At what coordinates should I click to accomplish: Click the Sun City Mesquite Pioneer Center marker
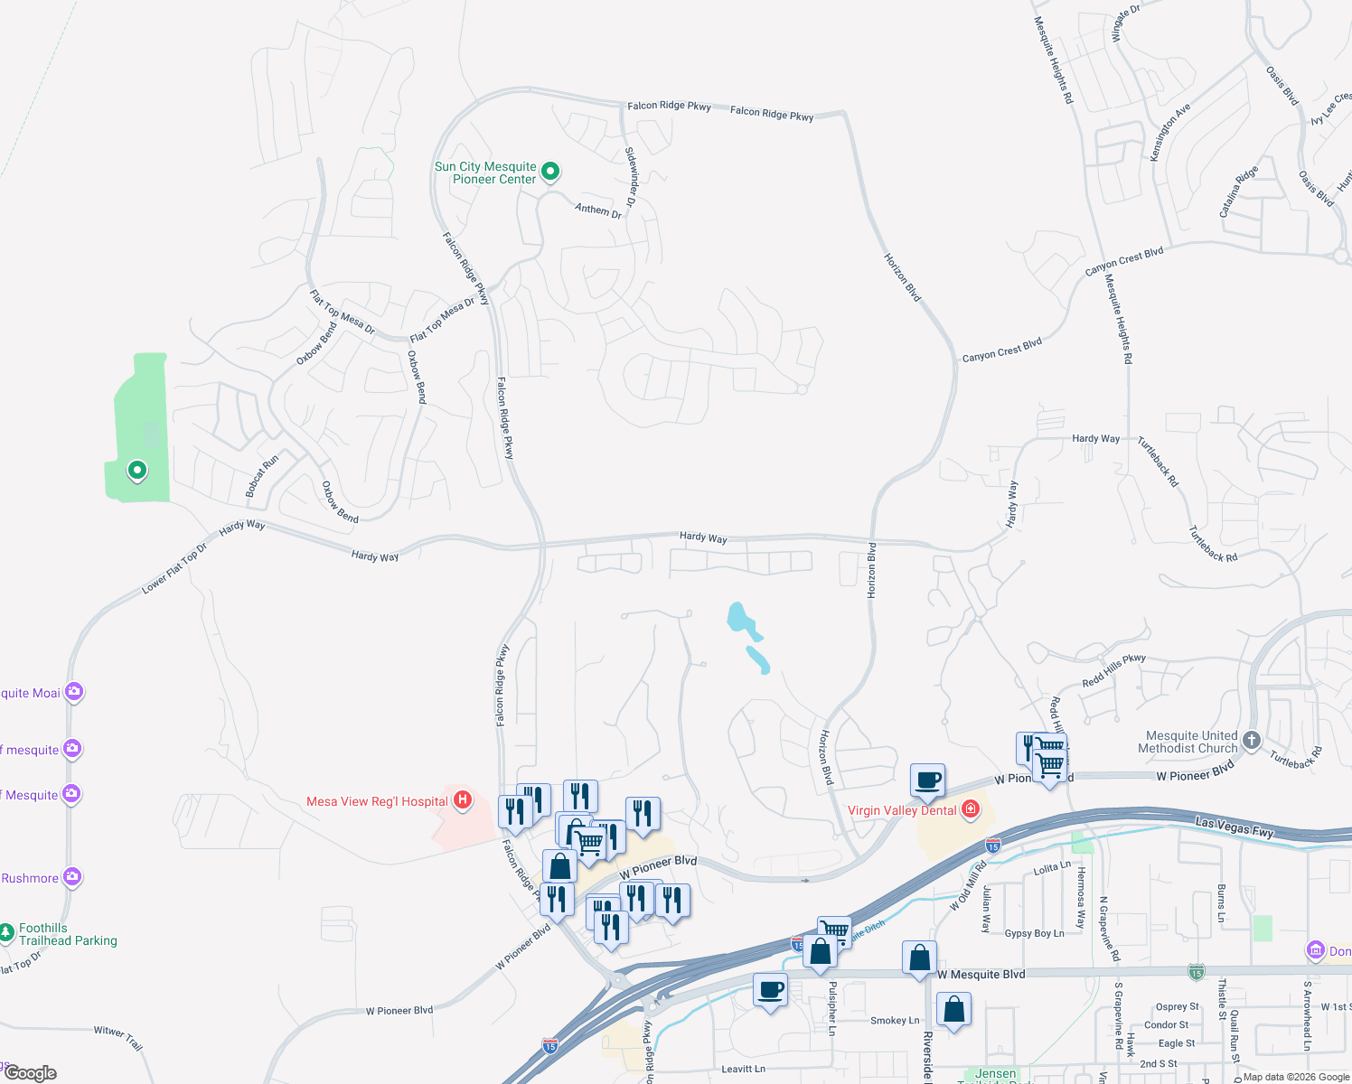pos(550,171)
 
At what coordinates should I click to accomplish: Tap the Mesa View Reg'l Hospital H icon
pos(463,799)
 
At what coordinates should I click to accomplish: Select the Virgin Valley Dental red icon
pos(971,808)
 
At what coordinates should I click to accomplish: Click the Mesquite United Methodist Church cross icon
pos(1251,741)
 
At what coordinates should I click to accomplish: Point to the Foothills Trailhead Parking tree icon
pos(7,931)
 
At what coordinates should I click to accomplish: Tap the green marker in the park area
pos(137,470)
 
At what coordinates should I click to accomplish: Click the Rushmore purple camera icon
pos(72,877)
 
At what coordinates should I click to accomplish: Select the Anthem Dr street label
pos(598,210)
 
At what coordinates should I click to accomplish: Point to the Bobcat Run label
pos(262,476)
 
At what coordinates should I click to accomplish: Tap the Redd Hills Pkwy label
pos(1113,670)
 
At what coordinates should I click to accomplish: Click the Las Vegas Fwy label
pos(1234,827)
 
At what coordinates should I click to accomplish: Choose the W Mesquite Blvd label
pos(981,975)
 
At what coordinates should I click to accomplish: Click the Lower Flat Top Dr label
pos(174,569)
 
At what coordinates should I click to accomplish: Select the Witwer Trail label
pos(118,1037)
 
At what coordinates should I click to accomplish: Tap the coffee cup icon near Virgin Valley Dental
pos(927,780)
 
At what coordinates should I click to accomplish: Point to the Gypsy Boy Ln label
pos(1034,933)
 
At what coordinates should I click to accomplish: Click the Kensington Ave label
pos(1169,133)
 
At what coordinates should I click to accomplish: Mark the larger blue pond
pos(743,620)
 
